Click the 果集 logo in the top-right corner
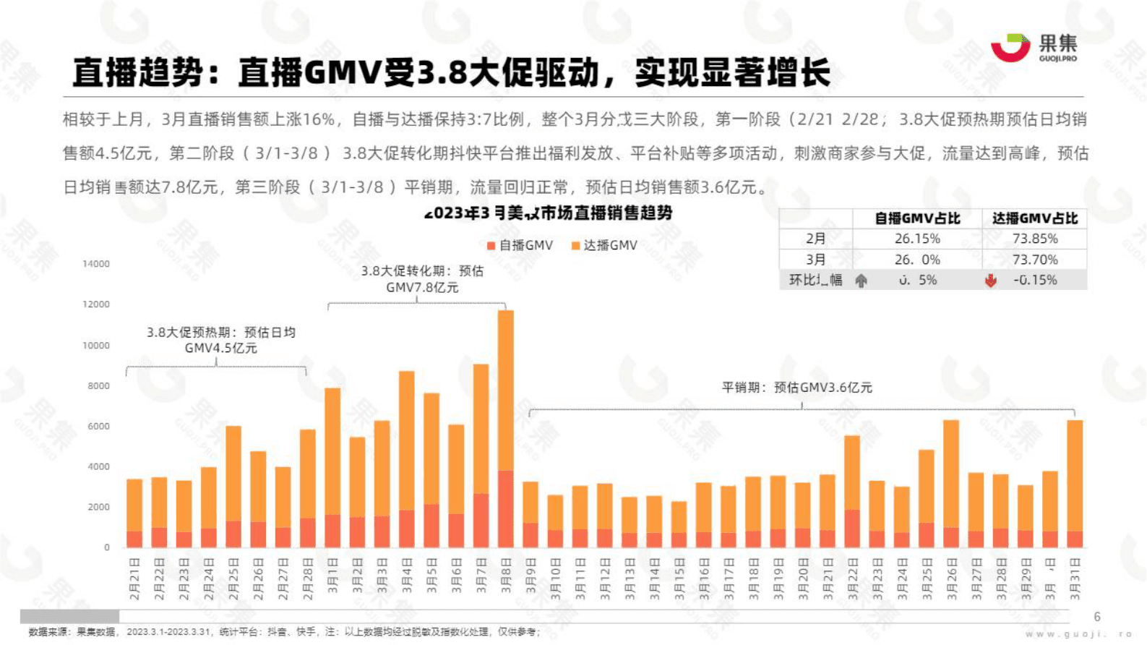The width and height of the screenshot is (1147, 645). [1033, 48]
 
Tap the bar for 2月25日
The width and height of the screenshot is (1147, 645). [233, 486]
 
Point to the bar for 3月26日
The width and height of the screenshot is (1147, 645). [951, 483]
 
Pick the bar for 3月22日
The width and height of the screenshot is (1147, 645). [852, 491]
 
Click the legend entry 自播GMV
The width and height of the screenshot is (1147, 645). [520, 246]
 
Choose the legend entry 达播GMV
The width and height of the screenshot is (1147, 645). [605, 246]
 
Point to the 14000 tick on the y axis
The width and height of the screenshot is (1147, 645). [96, 264]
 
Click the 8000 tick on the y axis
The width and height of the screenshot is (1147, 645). [98, 386]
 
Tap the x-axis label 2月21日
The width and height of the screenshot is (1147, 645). [134, 579]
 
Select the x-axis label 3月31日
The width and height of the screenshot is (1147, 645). [1075, 579]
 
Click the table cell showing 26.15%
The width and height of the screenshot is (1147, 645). [917, 239]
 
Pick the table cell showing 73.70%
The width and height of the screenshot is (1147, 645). [1035, 260]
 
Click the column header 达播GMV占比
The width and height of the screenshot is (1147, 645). [1035, 218]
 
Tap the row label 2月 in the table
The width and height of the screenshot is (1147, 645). [816, 239]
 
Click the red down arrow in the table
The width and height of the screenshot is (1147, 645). [990, 281]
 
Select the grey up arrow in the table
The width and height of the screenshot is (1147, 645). [861, 281]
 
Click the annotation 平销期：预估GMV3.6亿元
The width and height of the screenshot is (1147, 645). [797, 388]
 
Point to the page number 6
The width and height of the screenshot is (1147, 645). [1097, 617]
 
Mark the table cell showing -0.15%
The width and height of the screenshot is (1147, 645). [1035, 281]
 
